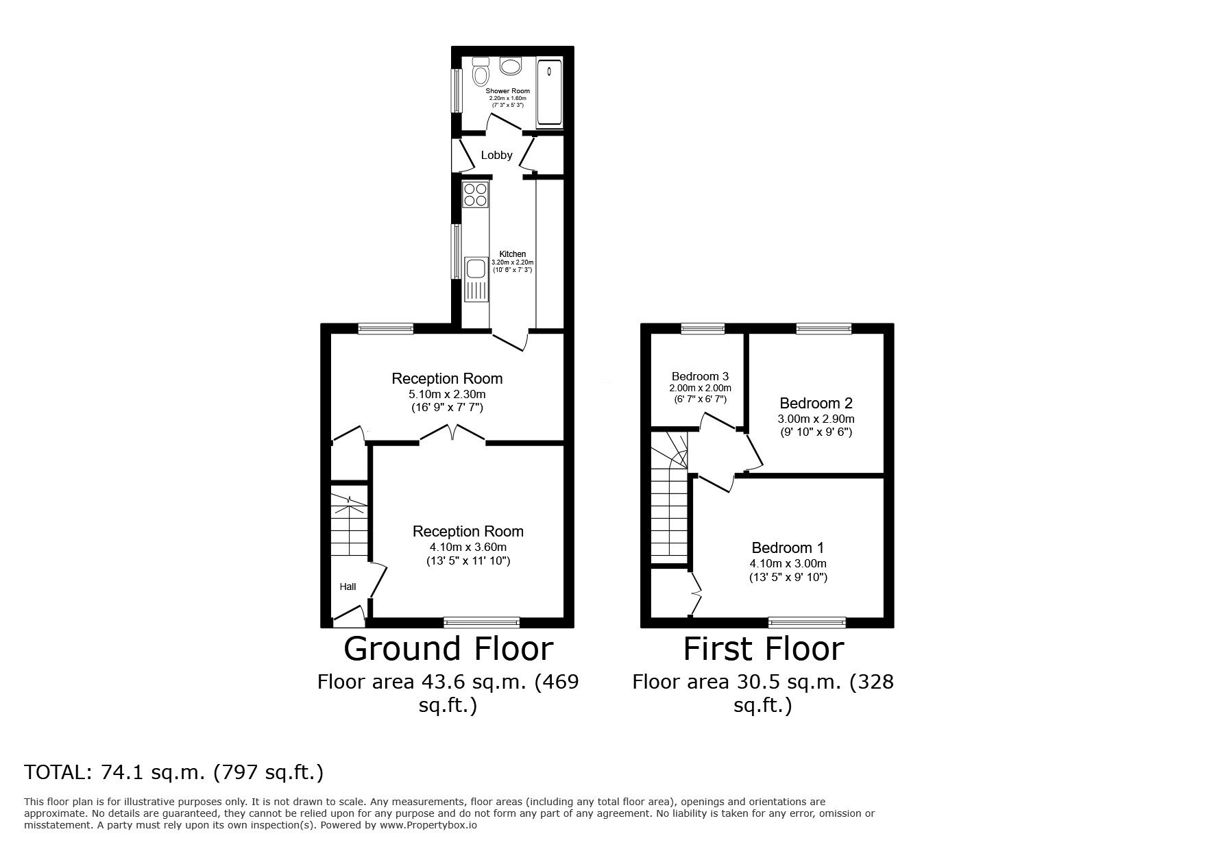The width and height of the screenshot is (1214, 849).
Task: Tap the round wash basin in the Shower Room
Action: coord(511,66)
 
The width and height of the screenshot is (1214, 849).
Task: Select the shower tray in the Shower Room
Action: coord(549,94)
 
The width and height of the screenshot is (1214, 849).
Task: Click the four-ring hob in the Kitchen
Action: coord(475,194)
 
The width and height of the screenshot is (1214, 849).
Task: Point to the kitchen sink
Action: coord(476,280)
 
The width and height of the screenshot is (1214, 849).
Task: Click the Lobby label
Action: coord(496,156)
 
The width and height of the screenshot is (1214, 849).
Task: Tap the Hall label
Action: coord(348,587)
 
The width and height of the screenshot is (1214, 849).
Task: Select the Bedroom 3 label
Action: coord(700,376)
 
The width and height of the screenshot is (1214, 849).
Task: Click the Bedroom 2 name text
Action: coord(816,403)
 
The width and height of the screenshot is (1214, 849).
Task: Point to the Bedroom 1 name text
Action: coord(788,547)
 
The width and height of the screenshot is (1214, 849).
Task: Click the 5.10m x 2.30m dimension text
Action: coord(447,395)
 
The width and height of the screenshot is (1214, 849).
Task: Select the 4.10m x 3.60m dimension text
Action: coord(468,547)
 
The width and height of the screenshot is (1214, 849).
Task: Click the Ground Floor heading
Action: coord(448,648)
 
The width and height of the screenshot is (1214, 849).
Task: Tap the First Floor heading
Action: coord(764,648)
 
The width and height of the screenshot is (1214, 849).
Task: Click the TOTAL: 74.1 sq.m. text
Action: coord(115,773)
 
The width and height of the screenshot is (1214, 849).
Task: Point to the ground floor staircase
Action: coord(350,525)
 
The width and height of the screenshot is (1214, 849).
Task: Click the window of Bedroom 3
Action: coord(703,329)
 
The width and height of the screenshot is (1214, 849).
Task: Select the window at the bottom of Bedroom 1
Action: coord(807,622)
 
